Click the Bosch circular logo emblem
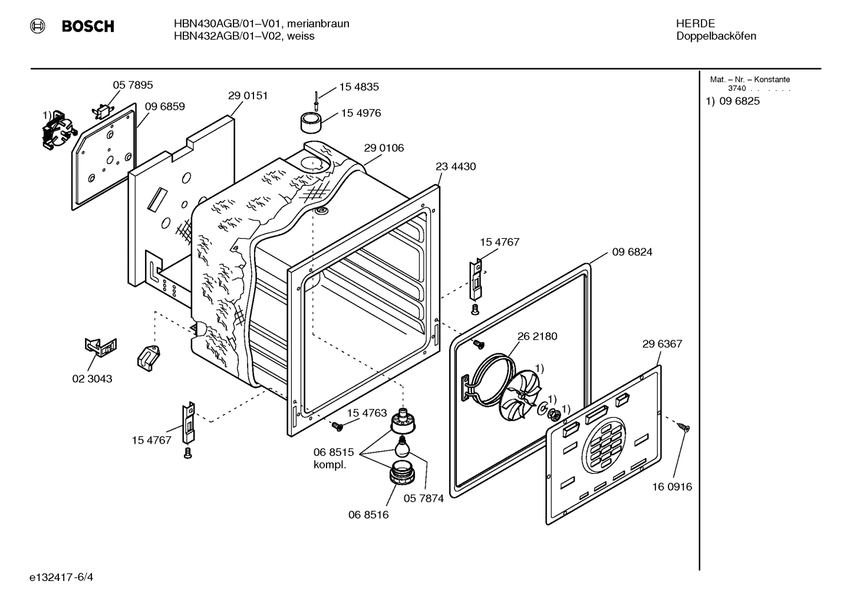coord(37,26)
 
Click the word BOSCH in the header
coord(88,26)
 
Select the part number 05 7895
coord(133,85)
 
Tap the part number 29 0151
coord(248,96)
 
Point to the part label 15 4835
coord(359,87)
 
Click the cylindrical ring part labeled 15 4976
coord(311,122)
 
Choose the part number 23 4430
coord(455,166)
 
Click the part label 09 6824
coord(632,252)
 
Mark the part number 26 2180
coord(538,336)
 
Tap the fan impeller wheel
coord(519,395)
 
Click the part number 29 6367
coord(662,344)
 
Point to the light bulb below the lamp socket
coord(403,446)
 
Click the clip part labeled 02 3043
coord(101,347)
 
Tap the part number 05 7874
coord(423,498)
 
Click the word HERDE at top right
coord(696,24)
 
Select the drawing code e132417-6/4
coord(61,577)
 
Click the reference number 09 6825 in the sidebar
coord(740,101)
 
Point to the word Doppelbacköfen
coord(716,36)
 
